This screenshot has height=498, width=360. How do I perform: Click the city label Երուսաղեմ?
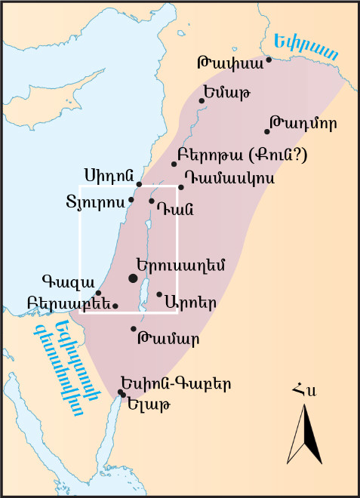tap(180, 265)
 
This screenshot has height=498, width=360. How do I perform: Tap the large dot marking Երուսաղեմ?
tap(134, 278)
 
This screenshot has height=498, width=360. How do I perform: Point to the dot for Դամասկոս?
tap(181, 187)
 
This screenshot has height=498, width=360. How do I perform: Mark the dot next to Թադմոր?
tap(268, 131)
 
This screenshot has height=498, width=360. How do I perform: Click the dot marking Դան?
tap(152, 201)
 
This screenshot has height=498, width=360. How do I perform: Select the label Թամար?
tap(168, 338)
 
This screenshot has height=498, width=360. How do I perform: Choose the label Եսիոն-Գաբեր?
tap(175, 383)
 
